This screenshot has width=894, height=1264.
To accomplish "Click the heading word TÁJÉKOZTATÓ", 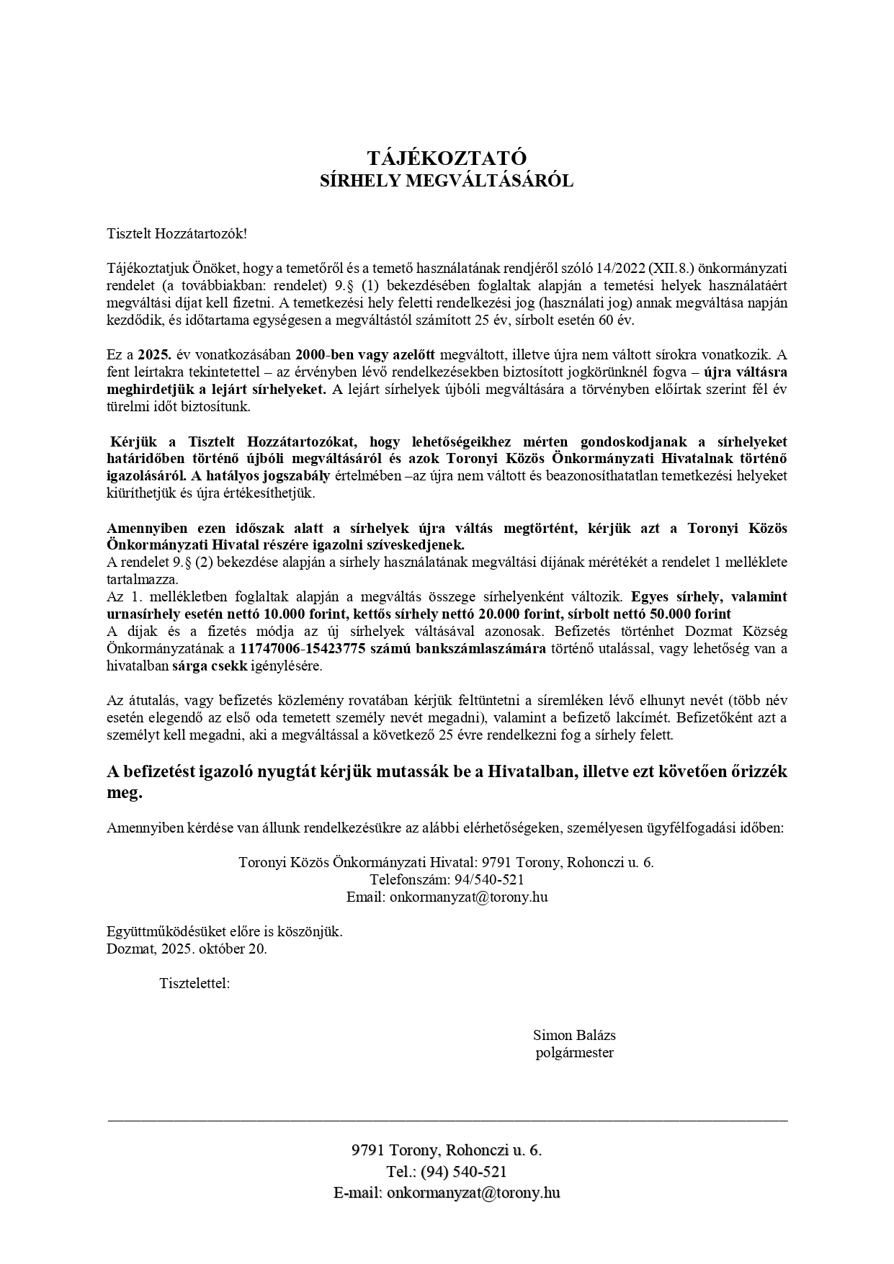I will tap(447, 158).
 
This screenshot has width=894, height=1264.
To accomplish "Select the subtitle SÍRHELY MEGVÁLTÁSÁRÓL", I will tap(447, 181).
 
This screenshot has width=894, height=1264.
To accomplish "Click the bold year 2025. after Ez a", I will tap(153, 355).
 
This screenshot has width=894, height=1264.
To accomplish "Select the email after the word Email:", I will tap(468, 897).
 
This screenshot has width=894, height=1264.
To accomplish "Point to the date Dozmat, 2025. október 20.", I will tap(187, 949).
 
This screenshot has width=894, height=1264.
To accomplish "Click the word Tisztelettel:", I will tap(195, 983).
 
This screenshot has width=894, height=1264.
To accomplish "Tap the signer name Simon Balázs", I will tap(574, 1035).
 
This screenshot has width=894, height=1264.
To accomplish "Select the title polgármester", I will tap(574, 1052).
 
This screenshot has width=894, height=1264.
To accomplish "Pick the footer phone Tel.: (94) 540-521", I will tap(447, 1172).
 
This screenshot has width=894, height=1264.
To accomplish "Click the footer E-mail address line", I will tap(447, 1193).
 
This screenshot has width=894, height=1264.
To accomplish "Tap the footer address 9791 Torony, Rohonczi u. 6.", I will tap(447, 1150).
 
